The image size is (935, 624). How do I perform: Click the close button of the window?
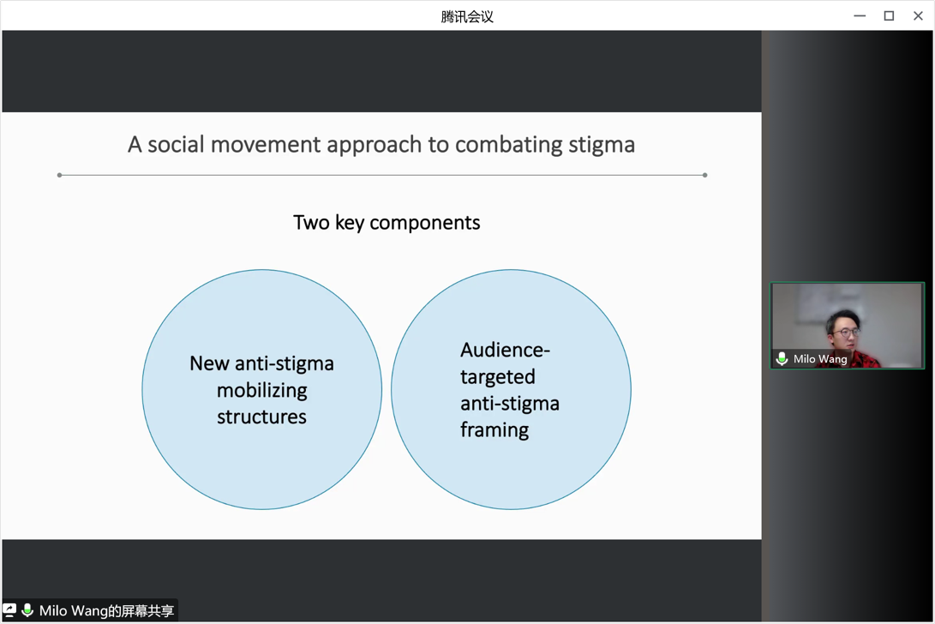[918, 15]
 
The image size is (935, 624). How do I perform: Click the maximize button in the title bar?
[889, 15]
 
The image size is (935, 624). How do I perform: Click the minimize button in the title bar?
[860, 15]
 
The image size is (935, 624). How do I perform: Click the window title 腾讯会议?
[467, 16]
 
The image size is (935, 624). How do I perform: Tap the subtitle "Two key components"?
[387, 223]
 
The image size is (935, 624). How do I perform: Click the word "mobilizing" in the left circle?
[261, 391]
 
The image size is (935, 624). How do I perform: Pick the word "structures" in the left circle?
[261, 417]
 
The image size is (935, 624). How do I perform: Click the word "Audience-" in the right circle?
[505, 350]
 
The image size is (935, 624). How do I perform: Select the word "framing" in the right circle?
[494, 430]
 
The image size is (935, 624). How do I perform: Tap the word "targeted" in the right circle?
[498, 377]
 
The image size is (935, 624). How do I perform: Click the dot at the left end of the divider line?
[59, 175]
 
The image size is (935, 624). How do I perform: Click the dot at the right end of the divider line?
[705, 175]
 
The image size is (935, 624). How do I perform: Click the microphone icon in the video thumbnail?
[782, 359]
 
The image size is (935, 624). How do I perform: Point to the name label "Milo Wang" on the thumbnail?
[820, 359]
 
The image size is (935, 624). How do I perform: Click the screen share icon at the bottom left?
[9, 610]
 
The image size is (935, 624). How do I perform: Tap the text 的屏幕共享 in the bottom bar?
[141, 611]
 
